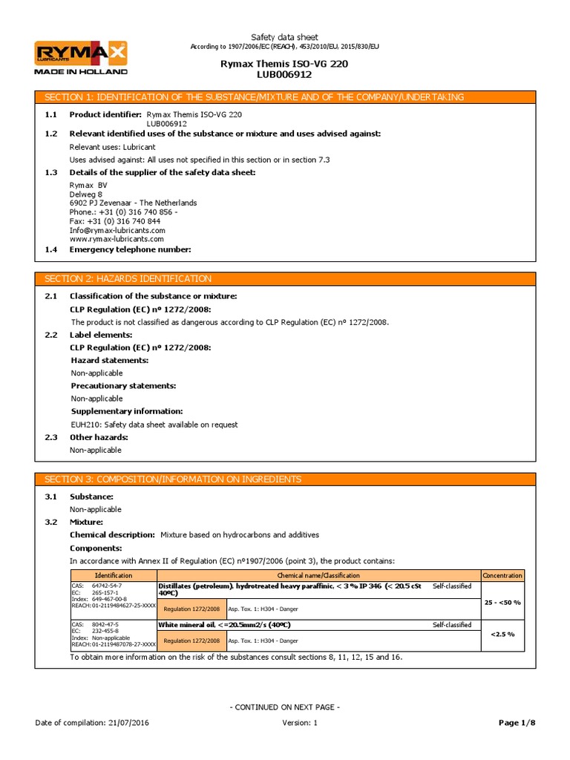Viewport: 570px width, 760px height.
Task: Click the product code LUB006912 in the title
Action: click(284, 74)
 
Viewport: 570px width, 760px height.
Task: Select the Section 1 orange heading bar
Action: click(285, 97)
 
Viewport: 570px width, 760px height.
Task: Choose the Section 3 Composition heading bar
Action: click(285, 479)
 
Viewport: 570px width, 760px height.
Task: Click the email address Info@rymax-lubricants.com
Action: click(117, 230)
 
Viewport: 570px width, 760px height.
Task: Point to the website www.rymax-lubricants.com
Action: click(116, 239)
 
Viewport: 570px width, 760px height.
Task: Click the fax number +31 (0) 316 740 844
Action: click(114, 221)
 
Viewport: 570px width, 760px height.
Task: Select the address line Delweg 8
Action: click(85, 194)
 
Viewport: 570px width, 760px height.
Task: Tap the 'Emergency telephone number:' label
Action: click(130, 249)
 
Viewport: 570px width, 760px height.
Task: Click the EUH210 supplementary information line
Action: click(154, 425)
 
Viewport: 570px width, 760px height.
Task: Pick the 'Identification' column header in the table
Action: click(114, 575)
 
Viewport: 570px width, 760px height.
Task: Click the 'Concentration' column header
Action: click(502, 575)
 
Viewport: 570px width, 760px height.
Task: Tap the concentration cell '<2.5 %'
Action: click(502, 635)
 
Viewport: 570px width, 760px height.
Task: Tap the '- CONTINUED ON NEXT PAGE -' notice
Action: click(284, 707)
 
